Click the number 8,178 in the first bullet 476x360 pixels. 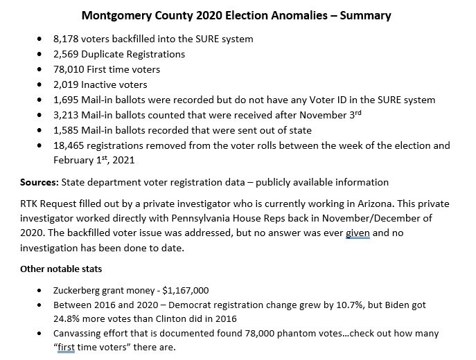[x=66, y=39]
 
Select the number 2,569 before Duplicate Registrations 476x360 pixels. [x=66, y=54]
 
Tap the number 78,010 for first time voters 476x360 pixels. [x=69, y=69]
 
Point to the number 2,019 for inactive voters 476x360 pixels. [x=66, y=84]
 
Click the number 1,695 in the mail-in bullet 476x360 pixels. [x=66, y=100]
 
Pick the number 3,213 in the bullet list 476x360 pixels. [x=66, y=115]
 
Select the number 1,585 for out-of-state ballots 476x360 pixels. [x=66, y=130]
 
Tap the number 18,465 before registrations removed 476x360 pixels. [x=69, y=145]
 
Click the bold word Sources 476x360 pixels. [x=34, y=182]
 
